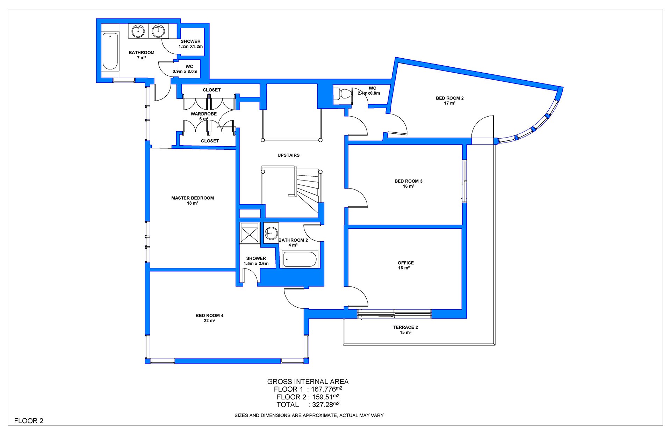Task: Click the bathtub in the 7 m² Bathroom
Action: pyautogui.click(x=110, y=51)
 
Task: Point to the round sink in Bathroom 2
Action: pyautogui.click(x=271, y=231)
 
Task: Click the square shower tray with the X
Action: pyautogui.click(x=250, y=233)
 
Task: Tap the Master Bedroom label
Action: pyautogui.click(x=193, y=200)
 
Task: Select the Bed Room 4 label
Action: pyautogui.click(x=209, y=318)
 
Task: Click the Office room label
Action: pyautogui.click(x=405, y=265)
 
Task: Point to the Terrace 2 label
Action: pyautogui.click(x=405, y=330)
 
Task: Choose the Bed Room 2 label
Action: pyautogui.click(x=450, y=101)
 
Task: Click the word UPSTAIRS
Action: pyautogui.click(x=289, y=155)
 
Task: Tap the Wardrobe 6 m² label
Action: pyautogui.click(x=204, y=116)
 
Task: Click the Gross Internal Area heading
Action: pyautogui.click(x=308, y=382)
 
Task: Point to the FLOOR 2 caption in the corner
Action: pyautogui.click(x=29, y=421)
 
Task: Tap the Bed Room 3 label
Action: pyautogui.click(x=409, y=184)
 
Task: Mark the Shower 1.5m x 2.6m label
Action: pyautogui.click(x=256, y=261)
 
